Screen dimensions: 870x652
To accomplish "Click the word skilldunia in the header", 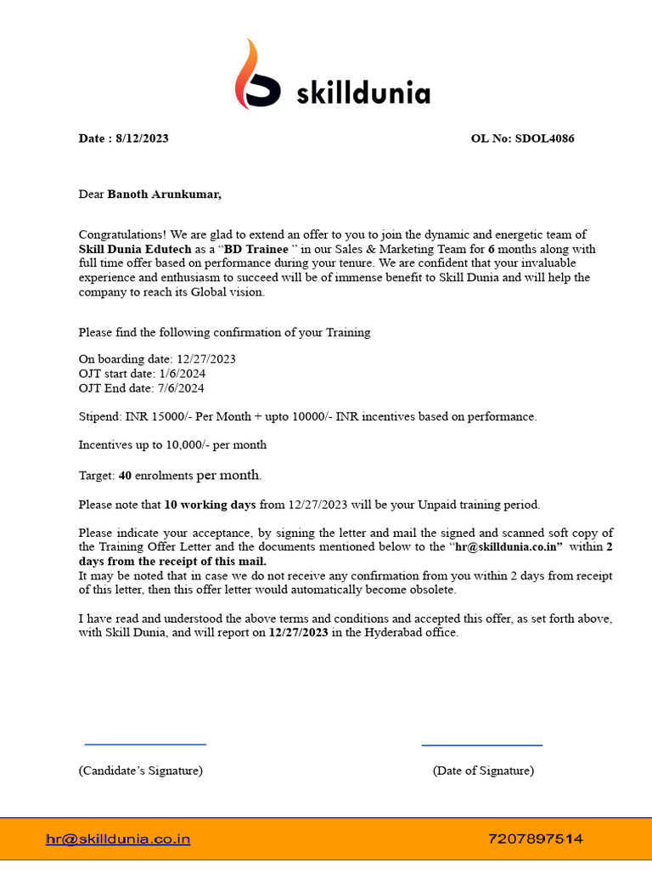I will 363,93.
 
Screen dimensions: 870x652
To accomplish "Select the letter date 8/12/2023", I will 142,138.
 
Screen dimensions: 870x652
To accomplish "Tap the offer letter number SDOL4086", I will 544,138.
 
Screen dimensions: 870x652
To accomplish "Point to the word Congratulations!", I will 122,234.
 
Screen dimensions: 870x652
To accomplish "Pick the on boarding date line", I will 157,359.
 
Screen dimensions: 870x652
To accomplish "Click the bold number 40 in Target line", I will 126,476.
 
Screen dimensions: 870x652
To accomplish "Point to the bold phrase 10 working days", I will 210,505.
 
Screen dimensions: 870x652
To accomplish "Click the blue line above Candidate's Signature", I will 145,744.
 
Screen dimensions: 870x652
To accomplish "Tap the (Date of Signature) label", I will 483,771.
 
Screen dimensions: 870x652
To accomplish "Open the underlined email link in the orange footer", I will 118,839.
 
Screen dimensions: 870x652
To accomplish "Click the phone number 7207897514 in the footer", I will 536,839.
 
